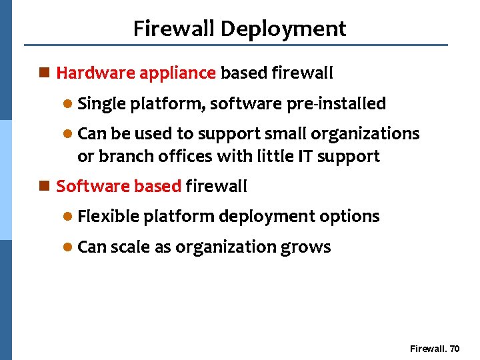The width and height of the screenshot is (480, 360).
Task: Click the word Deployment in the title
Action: pyautogui.click(x=283, y=29)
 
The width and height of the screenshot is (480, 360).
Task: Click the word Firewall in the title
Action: pyautogui.click(x=175, y=29)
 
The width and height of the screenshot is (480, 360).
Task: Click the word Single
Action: pyautogui.click(x=102, y=104)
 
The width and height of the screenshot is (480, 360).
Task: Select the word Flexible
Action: pyautogui.click(x=108, y=217)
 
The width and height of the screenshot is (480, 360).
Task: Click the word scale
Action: pyautogui.click(x=130, y=247)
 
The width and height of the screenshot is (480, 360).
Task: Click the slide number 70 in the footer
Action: pyautogui.click(x=455, y=349)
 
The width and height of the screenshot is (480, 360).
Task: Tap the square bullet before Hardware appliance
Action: pyautogui.click(x=45, y=73)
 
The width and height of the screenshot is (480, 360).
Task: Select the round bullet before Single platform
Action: pyautogui.click(x=67, y=105)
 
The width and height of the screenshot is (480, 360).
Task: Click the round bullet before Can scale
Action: pyautogui.click(x=67, y=247)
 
